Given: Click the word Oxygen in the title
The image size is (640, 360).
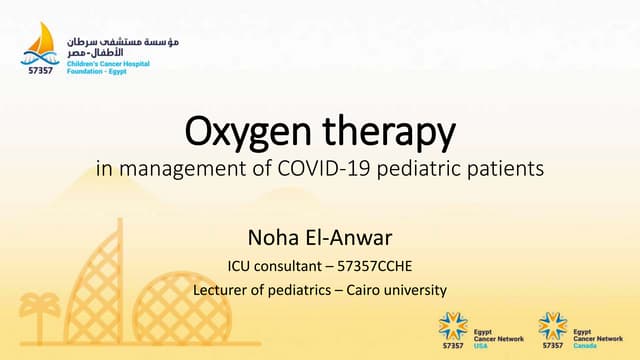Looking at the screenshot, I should point(238,131).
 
